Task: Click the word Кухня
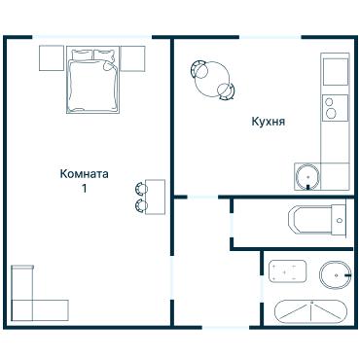[268, 122]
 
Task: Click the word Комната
[84, 174]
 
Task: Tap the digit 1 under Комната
[85, 189]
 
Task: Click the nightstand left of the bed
[52, 58]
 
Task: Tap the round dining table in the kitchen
[213, 80]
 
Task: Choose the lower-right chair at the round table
[227, 92]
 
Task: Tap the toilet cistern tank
[339, 220]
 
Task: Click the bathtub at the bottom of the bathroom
[310, 312]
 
